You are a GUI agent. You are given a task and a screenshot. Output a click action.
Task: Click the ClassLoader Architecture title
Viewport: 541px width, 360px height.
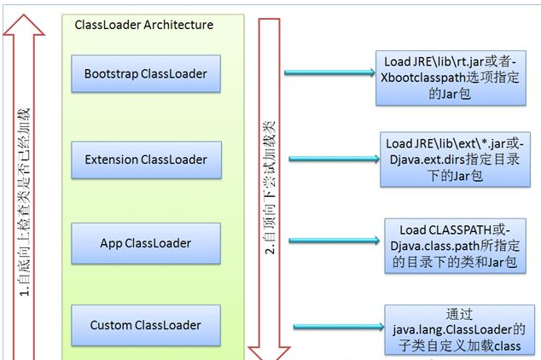click(x=144, y=25)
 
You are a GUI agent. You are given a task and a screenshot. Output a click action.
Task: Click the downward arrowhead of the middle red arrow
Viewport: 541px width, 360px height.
click(x=268, y=347)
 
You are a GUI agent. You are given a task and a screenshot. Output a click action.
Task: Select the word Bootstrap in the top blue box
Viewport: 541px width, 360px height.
click(x=114, y=73)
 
